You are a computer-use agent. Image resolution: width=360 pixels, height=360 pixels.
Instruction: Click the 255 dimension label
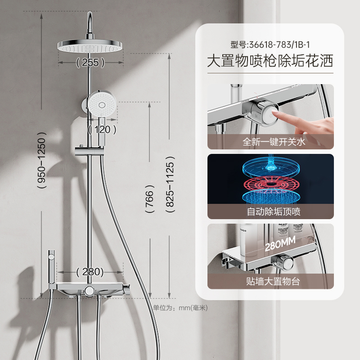tap(90, 63)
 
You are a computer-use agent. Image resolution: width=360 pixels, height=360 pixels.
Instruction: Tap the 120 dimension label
tap(103, 130)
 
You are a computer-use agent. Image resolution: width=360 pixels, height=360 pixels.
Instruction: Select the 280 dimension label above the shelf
tap(90, 272)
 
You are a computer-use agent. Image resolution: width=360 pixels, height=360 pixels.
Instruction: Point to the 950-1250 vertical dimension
tap(41, 160)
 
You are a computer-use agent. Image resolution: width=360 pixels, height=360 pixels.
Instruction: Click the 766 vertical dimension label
tap(149, 199)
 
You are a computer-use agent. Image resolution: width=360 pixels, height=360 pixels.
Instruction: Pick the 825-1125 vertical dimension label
tap(170, 184)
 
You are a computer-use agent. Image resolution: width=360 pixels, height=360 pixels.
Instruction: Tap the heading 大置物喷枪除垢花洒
tap(270, 61)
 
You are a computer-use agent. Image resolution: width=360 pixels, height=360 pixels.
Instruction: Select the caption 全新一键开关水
tap(274, 142)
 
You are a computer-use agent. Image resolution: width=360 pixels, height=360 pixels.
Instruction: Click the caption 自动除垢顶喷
tap(274, 211)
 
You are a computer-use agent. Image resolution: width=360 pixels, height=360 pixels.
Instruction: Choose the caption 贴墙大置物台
tap(273, 281)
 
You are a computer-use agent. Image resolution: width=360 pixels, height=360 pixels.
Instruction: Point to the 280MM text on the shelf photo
tap(280, 244)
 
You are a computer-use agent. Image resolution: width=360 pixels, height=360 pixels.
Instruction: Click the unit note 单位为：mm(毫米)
tap(180, 308)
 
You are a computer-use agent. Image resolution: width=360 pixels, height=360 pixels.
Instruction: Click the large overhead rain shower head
tap(90, 45)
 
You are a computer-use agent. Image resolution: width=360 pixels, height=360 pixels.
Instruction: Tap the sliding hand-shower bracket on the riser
tap(89, 151)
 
